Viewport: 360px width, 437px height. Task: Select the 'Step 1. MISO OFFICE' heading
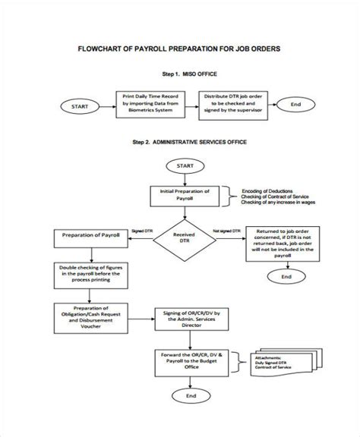(x=188, y=74)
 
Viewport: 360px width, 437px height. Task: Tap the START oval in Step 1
(x=80, y=107)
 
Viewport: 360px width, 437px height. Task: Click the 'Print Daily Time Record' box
(x=150, y=104)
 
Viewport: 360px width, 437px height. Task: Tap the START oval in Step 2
(x=184, y=165)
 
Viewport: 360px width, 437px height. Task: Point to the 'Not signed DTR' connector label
(x=227, y=230)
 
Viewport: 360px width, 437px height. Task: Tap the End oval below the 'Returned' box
(x=286, y=278)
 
